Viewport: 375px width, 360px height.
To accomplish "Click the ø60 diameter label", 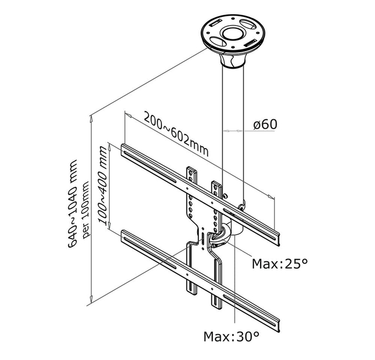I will coord(265,125).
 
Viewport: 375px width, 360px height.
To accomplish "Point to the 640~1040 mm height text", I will coord(74,203).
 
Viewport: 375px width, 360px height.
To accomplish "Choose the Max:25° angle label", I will coord(279,264).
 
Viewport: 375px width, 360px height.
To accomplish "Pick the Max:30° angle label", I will coord(231,337).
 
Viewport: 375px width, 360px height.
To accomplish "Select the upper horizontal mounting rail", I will coord(200,191).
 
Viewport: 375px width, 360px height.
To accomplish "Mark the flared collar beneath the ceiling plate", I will coord(233,58).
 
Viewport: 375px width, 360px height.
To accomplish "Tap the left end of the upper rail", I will coord(126,150).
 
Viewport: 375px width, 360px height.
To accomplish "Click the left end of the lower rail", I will coord(126,238).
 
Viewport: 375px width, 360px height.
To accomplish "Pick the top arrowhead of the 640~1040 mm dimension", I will coord(91,117).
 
